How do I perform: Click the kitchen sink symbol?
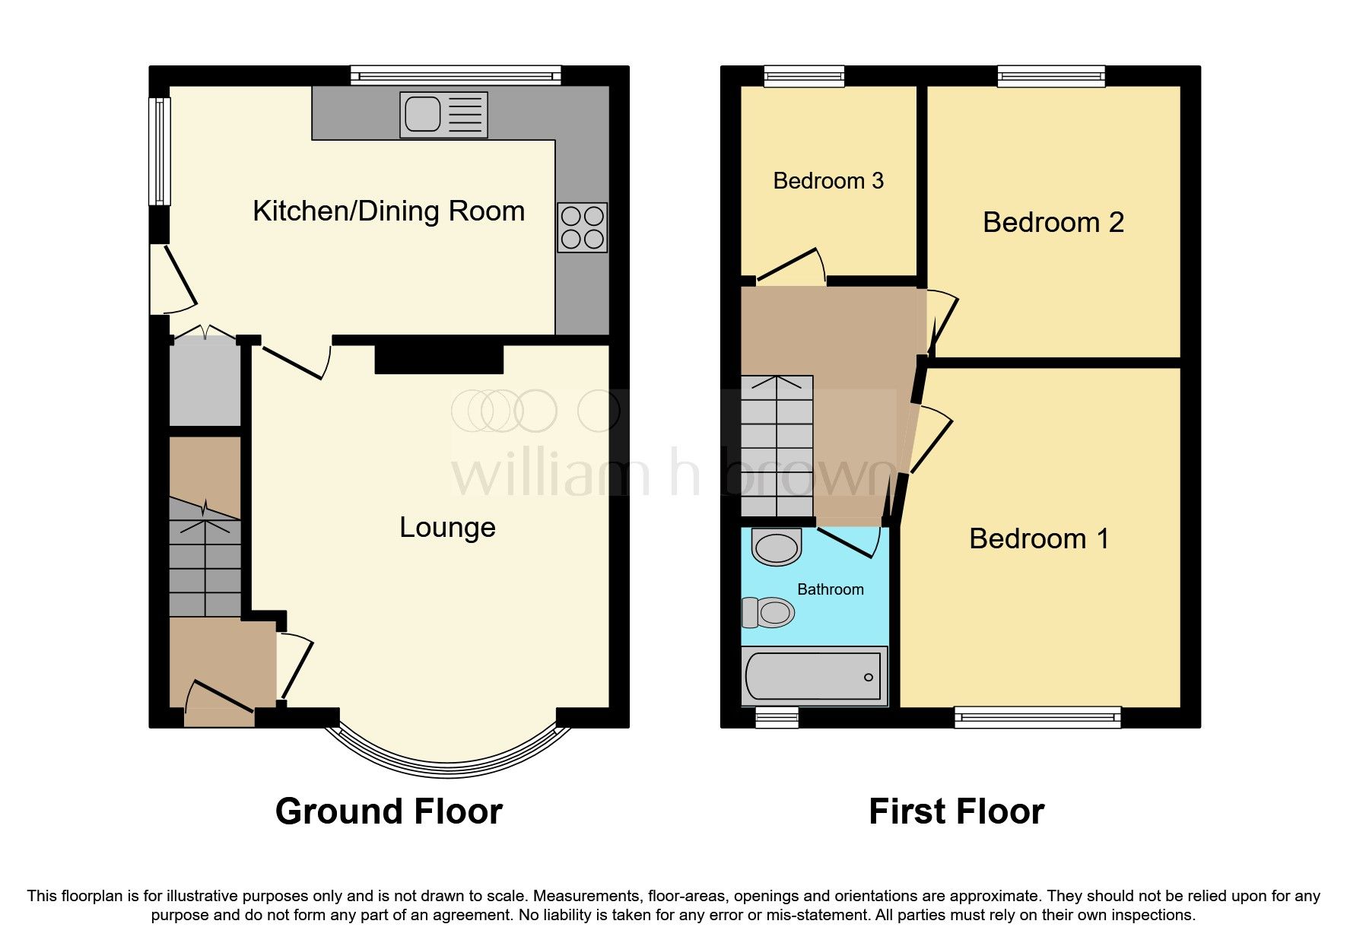tap(443, 115)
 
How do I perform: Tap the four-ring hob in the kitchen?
tap(582, 227)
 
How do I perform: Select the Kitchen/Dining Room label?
tap(389, 211)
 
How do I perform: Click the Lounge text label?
tap(447, 527)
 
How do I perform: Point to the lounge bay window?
tap(448, 764)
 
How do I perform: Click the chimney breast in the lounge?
tap(439, 358)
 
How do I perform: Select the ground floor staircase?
tap(205, 559)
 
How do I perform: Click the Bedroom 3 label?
tap(828, 181)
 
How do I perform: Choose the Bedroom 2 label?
tap(1053, 222)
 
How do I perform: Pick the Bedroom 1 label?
tap(1038, 538)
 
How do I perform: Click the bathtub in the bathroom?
tap(814, 675)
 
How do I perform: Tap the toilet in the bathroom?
tap(769, 611)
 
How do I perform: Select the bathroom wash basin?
tap(777, 547)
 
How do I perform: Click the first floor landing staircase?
tap(777, 446)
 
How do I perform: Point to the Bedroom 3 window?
tap(804, 75)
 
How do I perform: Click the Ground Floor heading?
tap(389, 811)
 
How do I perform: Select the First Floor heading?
tap(956, 811)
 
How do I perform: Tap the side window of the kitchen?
tap(160, 151)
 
